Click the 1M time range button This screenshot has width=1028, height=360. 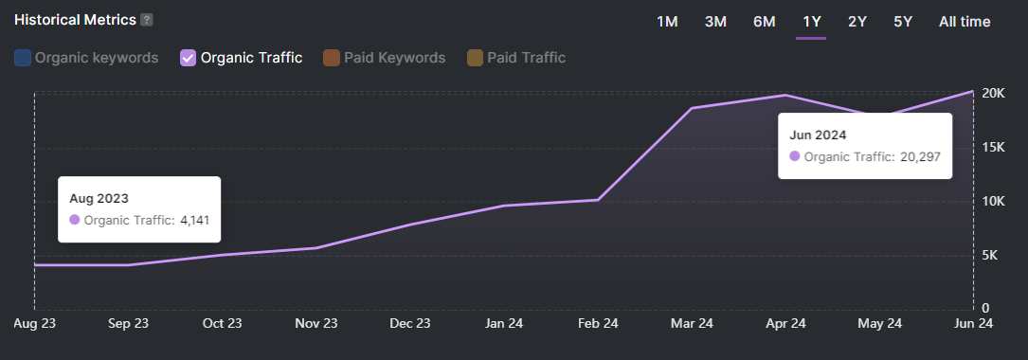coord(667,22)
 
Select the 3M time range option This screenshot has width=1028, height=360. coord(715,22)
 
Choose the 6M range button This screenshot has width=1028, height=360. coord(764,22)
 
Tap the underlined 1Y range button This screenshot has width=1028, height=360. coord(811,22)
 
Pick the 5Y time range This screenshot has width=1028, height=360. coord(903,22)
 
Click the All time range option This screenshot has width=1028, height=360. coord(965,22)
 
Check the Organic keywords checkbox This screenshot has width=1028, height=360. coord(23,58)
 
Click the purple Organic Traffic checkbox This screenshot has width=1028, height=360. coord(188,58)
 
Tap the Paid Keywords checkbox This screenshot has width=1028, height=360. coord(332,58)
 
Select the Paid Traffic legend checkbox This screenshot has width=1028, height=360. coord(475,58)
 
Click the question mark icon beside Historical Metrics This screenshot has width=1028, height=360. coord(146,20)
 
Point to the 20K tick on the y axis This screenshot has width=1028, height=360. coord(994,93)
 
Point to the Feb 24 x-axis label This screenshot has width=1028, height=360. coord(598,323)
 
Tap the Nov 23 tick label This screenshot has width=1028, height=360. coord(316,323)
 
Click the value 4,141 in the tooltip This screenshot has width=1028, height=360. coord(192,221)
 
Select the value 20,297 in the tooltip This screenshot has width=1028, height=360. coord(920,157)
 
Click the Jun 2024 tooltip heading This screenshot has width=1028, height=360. coord(818,135)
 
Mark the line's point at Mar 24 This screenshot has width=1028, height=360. coord(692,108)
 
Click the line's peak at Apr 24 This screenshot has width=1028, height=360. coord(785,95)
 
